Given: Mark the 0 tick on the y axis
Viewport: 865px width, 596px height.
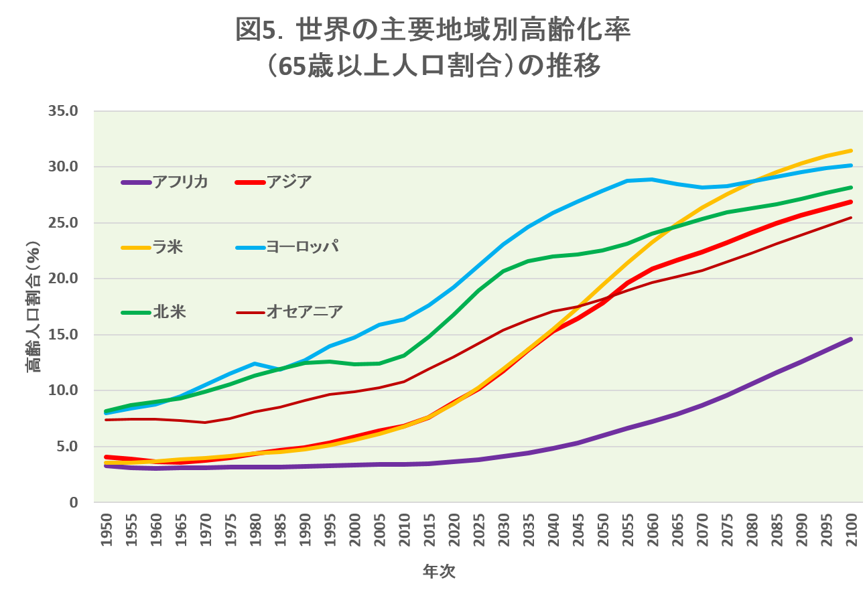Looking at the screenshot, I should (x=78, y=502).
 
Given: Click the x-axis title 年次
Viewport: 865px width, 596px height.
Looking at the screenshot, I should (x=439, y=572).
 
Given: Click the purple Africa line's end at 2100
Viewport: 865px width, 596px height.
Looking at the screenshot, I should (x=850, y=340).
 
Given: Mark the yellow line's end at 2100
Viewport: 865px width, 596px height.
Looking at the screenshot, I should (x=850, y=151).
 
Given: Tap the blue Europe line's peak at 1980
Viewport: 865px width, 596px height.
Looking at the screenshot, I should (x=255, y=364).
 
